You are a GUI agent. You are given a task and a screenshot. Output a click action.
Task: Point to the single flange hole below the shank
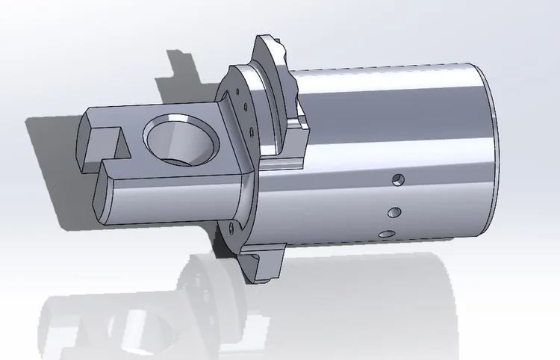[x=231, y=227]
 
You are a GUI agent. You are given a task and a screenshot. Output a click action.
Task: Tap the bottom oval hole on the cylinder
[x=387, y=235]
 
